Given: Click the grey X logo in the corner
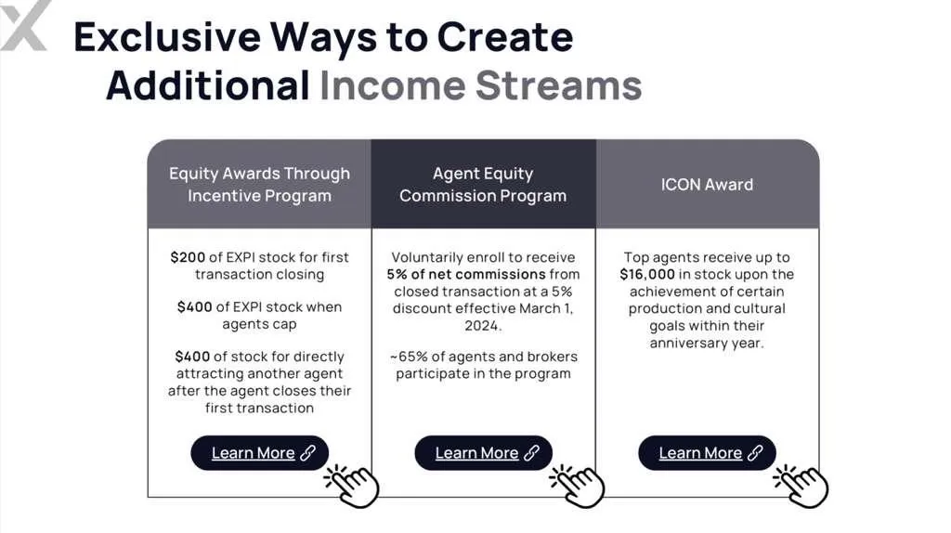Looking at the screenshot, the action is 23,25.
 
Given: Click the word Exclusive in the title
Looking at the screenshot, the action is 167,37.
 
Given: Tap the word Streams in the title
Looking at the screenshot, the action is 558,84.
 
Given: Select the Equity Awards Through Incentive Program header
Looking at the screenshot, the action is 260,185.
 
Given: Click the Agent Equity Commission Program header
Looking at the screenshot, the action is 483,185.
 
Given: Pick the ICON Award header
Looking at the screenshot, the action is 707,185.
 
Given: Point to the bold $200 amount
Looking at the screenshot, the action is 188,257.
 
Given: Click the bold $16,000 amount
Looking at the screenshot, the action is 647,274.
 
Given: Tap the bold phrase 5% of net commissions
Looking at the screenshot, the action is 466,274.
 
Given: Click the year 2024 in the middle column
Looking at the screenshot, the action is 482,326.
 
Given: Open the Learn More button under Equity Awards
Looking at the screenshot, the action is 260,453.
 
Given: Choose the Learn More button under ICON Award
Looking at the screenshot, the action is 707,453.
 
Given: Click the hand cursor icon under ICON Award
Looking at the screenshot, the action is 801,486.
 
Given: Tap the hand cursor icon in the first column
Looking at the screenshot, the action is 352,486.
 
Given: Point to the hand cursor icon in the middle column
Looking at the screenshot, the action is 578,486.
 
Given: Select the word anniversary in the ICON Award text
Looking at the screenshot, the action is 686,343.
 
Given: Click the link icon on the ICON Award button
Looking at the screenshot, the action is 755,453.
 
